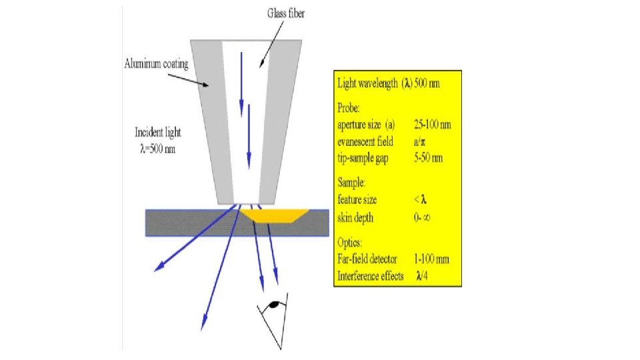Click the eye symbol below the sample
273,306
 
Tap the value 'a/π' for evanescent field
421,141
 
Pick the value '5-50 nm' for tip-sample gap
428,158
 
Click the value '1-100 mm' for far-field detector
431,259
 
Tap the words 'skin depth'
357,217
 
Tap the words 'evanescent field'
366,141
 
